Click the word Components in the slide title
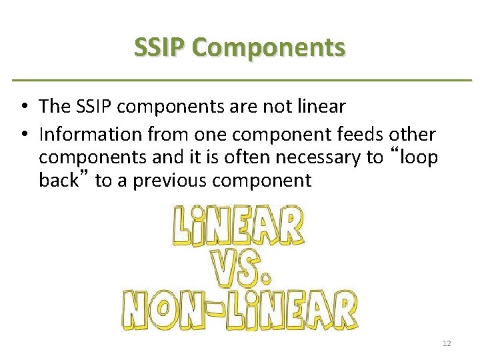(267, 48)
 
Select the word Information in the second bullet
(91, 135)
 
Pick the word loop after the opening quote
(416, 157)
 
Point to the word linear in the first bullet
(322, 106)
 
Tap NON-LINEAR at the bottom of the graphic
(239, 312)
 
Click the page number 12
(447, 343)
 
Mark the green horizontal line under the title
(240, 81)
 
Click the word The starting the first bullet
(54, 106)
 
